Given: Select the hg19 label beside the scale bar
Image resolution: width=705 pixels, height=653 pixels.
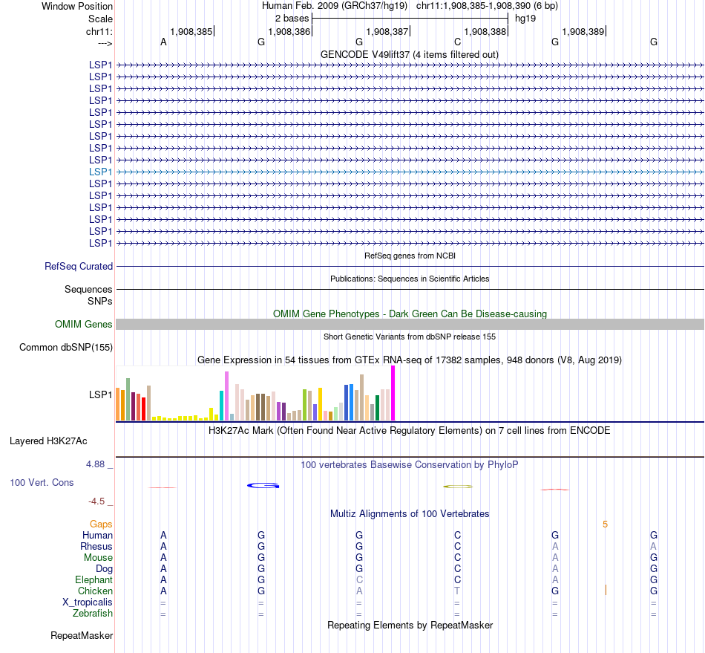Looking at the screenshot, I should click(525, 18).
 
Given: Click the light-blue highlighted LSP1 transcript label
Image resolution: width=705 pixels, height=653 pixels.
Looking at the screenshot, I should click(100, 172).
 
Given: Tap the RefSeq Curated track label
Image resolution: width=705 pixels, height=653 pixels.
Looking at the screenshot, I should click(79, 266).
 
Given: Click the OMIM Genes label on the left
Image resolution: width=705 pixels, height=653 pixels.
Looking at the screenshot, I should click(84, 324).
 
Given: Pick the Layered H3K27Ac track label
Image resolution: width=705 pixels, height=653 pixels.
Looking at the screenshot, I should click(48, 441).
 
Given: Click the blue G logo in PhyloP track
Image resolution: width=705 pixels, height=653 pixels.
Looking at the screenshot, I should click(263, 485).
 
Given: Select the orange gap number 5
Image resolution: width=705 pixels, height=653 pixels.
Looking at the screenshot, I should click(605, 524).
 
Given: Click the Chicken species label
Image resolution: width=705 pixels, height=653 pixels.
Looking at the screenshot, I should click(95, 591).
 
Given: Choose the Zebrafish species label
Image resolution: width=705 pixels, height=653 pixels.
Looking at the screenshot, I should click(93, 613).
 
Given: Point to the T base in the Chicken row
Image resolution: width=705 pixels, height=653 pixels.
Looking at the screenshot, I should click(457, 591).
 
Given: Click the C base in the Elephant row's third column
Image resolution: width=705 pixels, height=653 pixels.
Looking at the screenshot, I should click(359, 579).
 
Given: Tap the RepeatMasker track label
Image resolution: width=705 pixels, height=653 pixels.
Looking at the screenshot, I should click(82, 635).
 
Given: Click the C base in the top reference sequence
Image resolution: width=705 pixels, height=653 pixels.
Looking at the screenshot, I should click(457, 42).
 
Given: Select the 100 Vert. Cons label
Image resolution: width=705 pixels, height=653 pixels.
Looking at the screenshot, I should click(42, 483).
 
